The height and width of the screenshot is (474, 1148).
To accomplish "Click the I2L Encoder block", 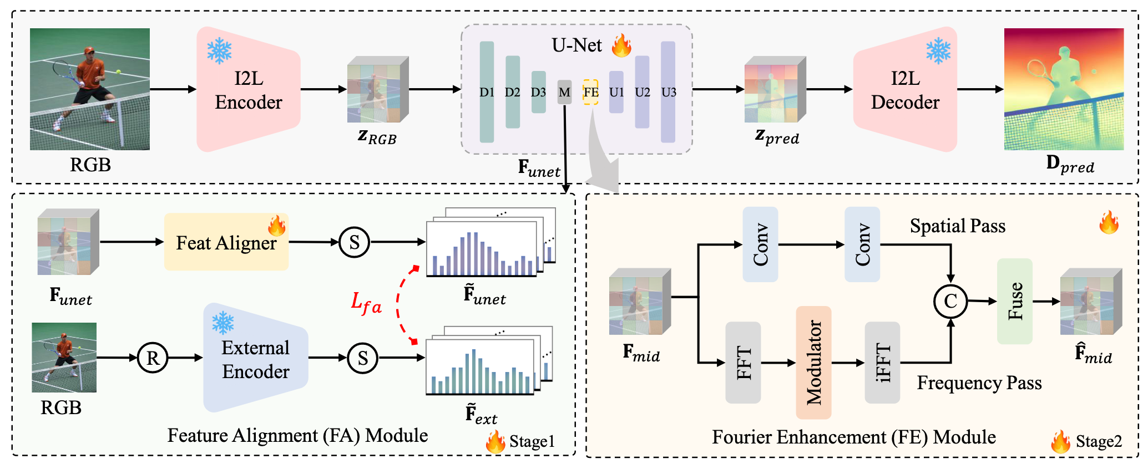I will tap(248, 90).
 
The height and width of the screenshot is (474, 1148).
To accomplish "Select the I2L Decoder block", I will tap(905, 90).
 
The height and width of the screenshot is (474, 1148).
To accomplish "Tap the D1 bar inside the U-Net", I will tap(487, 91).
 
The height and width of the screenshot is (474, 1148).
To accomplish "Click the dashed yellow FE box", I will tap(590, 92).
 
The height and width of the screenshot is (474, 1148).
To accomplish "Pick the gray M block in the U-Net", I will tap(564, 92).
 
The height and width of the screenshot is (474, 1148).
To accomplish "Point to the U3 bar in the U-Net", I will tap(668, 91).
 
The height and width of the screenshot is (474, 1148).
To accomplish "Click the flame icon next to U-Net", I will tap(621, 45).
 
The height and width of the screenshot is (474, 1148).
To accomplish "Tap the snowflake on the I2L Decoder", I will tap(938, 51).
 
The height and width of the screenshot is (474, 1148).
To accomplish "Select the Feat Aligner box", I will tap(226, 242).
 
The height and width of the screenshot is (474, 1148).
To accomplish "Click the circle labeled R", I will tap(153, 358).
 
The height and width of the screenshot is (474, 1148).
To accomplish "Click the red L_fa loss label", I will tap(366, 303).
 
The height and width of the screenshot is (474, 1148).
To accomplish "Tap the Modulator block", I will tap(813, 362).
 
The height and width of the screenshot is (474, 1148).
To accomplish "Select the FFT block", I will tap(743, 363).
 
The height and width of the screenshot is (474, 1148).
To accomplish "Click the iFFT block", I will tap(882, 363).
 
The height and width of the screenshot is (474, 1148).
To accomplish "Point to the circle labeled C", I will tap(950, 301).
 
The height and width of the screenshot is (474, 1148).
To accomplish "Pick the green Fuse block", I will tap(1014, 301).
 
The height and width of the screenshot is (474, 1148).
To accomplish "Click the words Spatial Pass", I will tap(957, 226).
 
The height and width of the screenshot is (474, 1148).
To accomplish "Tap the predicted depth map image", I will tap(1064, 89).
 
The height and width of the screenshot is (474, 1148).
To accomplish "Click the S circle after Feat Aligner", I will tap(355, 242).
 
